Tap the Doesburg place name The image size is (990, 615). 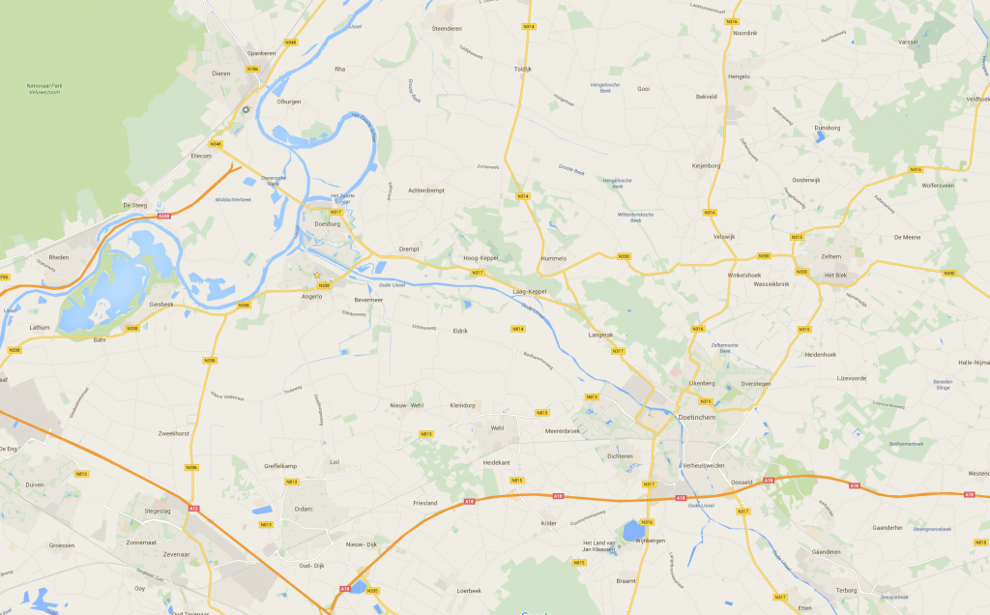(329, 224)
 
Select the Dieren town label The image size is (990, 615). (220, 73)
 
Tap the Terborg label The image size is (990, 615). (847, 588)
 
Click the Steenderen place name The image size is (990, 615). (447, 28)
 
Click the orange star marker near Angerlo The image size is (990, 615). (316, 276)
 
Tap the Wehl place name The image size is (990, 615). (498, 427)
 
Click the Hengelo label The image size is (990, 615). (739, 75)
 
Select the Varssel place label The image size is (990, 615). (908, 42)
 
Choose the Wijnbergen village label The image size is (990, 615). (651, 541)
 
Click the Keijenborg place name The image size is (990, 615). (707, 165)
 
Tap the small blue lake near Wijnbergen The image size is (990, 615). (633, 530)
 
